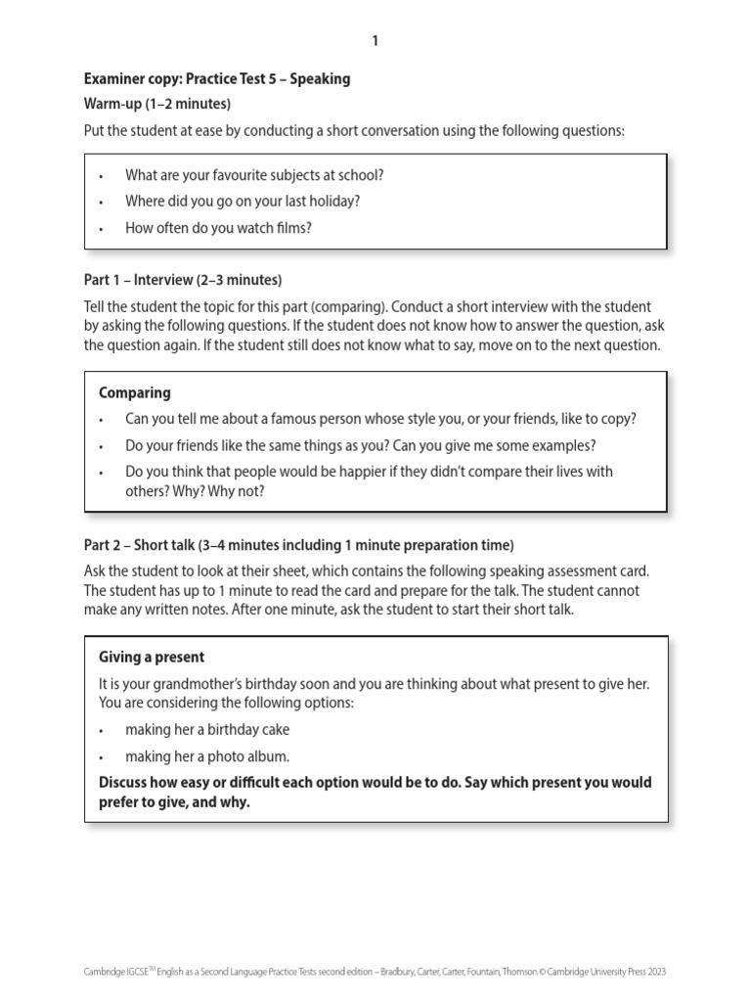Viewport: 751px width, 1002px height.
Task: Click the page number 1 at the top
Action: (375, 41)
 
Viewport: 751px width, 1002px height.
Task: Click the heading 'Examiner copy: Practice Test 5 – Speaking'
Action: (217, 78)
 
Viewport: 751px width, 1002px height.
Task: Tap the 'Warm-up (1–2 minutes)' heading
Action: (157, 104)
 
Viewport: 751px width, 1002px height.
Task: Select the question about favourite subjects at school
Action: (254, 175)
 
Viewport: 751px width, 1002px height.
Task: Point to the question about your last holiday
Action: (243, 202)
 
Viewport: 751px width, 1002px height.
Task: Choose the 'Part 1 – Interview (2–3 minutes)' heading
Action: (183, 280)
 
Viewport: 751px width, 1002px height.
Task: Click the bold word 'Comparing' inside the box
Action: (135, 392)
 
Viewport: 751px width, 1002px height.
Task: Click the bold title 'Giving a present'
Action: (152, 657)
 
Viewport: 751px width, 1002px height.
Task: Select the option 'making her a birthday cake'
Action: (207, 730)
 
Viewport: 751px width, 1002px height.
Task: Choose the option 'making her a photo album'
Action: (207, 756)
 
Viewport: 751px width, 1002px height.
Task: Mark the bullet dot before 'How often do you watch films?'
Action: (102, 229)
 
